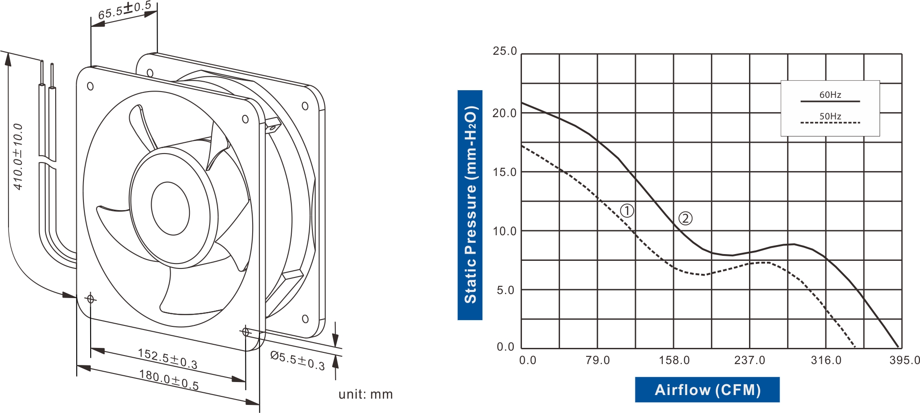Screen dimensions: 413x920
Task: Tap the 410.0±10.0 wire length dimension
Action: (18, 157)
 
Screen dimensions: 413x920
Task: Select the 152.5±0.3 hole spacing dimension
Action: (167, 359)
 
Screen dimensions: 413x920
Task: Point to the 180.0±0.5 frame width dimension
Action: (169, 380)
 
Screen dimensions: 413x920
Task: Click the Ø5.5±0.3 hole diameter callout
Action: (297, 360)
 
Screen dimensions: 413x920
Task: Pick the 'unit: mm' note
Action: (365, 394)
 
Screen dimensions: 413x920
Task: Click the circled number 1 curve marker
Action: (627, 211)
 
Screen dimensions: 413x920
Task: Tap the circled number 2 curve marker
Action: (685, 219)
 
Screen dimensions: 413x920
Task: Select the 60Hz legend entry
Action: (830, 95)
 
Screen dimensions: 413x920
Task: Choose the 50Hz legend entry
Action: (830, 117)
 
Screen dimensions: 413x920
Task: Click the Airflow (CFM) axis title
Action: (707, 390)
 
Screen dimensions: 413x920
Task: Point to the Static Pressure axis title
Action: (470, 205)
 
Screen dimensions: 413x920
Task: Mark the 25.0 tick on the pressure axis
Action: (505, 51)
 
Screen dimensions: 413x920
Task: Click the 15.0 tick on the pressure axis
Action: (505, 172)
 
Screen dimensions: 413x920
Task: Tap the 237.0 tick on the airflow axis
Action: (749, 360)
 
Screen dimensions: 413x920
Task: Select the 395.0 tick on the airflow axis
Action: (905, 360)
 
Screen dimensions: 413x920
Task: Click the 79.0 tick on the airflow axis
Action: (598, 360)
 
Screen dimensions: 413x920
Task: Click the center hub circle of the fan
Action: (170, 208)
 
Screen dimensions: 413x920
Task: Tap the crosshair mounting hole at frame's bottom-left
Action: (91, 299)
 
